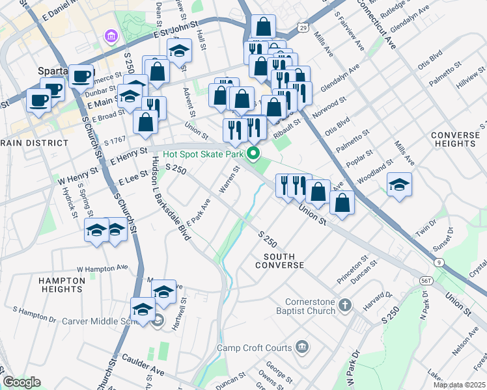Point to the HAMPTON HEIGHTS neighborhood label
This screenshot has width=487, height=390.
pos(63,285)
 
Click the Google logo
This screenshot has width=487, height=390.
pos(21,382)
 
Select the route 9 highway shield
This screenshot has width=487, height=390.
pos(440,262)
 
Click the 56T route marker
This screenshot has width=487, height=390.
pos(426,279)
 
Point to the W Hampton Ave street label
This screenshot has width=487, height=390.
pos(102,268)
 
